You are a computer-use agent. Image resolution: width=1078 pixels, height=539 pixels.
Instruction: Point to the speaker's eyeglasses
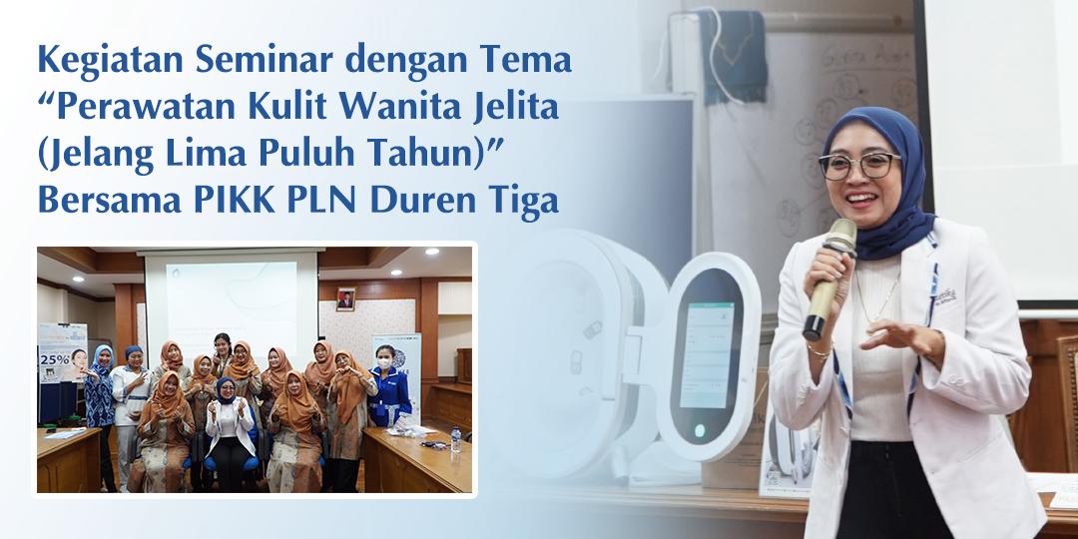click(x=858, y=165)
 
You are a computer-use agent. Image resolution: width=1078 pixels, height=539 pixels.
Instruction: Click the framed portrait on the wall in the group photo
click(x=345, y=298)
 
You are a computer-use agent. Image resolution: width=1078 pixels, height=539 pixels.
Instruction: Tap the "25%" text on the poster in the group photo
click(x=54, y=355)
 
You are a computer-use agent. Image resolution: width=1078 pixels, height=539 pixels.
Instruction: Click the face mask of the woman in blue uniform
click(x=385, y=359)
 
